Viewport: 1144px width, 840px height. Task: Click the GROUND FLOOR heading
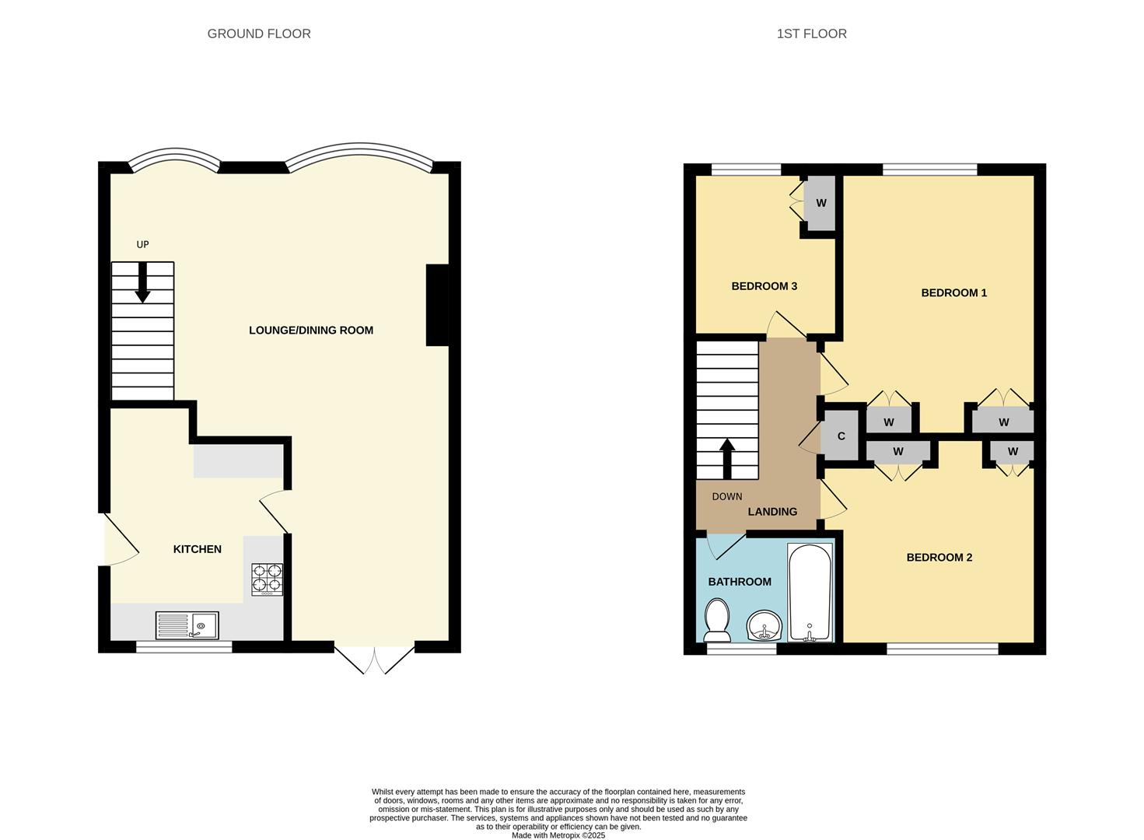(x=259, y=33)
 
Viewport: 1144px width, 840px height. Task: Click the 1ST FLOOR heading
(x=811, y=33)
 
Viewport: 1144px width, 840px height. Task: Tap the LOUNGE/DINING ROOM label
(x=311, y=330)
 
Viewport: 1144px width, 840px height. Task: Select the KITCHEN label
(x=197, y=549)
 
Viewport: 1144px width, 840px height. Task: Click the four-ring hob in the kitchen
(x=267, y=579)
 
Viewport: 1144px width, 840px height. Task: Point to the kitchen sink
(x=187, y=625)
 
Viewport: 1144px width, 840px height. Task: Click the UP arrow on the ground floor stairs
(x=142, y=282)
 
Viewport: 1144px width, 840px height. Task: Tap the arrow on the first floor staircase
(x=727, y=459)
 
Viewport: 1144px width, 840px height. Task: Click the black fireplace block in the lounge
(x=437, y=305)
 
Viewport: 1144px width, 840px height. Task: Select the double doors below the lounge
(x=374, y=659)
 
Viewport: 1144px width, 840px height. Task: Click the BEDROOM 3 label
(x=764, y=286)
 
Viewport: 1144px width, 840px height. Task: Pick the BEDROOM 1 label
(x=953, y=293)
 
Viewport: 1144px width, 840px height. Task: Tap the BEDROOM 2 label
(x=939, y=558)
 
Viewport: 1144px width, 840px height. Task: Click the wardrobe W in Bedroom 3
(x=820, y=203)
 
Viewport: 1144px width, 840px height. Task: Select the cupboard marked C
(x=841, y=436)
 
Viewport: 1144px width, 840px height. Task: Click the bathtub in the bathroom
(x=810, y=592)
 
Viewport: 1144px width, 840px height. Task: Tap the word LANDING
(x=772, y=512)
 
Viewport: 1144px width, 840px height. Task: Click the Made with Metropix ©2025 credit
(x=558, y=835)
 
